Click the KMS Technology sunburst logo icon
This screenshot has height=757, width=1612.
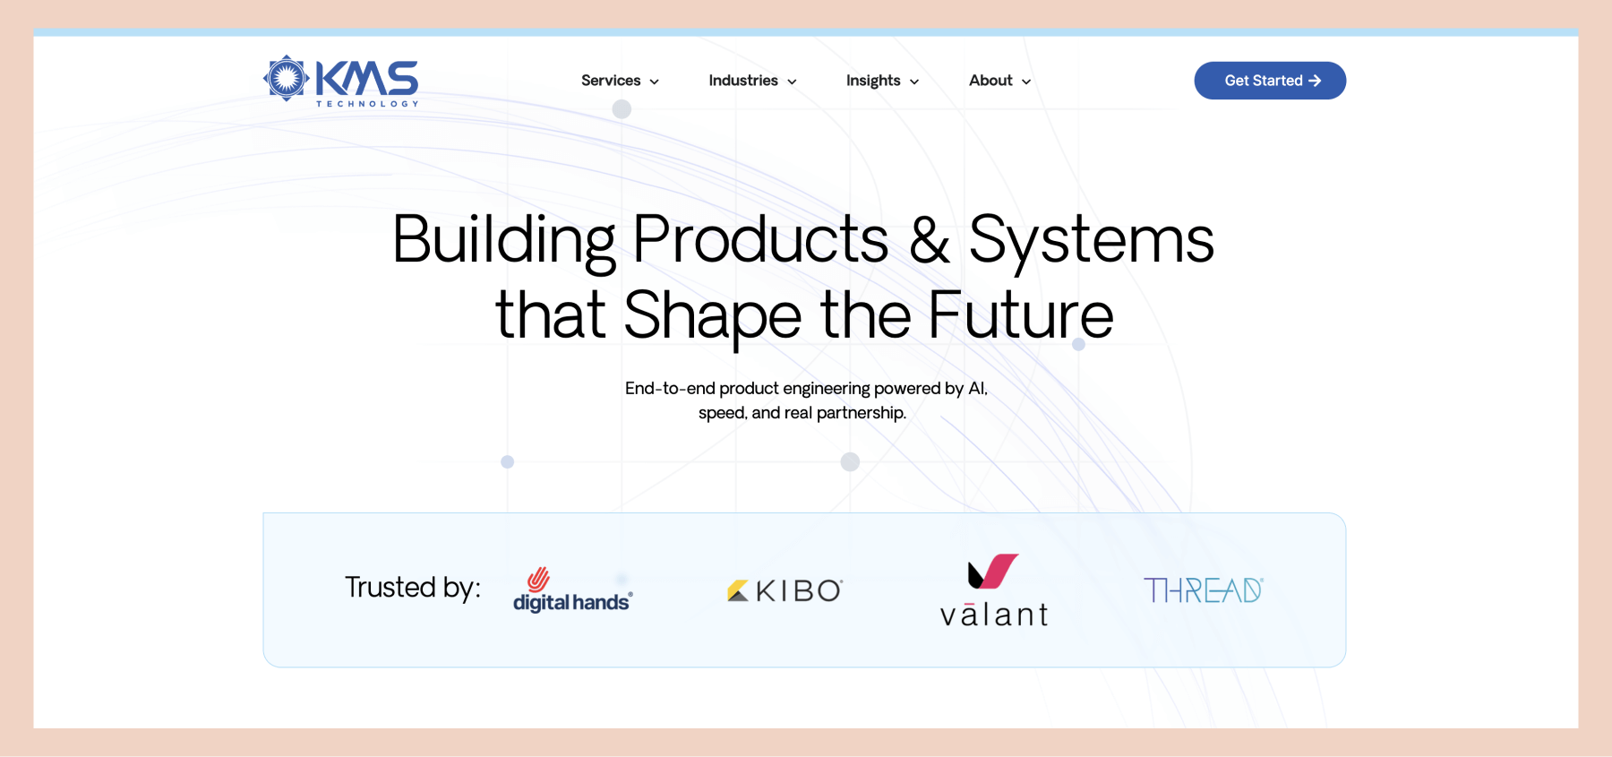click(x=287, y=78)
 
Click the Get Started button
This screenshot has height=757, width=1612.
click(x=1270, y=81)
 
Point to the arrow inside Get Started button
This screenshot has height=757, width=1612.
click(x=1315, y=81)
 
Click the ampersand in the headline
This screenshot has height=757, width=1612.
click(x=930, y=240)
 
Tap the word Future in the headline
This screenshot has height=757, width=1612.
click(x=1020, y=315)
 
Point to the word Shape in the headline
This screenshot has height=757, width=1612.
click(x=713, y=318)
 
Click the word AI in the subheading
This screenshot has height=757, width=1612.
click(x=978, y=389)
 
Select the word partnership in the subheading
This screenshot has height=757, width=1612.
click(x=862, y=413)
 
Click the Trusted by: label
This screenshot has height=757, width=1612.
click(x=413, y=588)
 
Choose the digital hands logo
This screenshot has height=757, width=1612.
click(x=573, y=589)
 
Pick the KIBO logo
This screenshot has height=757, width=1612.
click(x=785, y=590)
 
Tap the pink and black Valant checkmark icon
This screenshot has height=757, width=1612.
click(x=993, y=572)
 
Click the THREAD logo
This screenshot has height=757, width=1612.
click(x=1204, y=590)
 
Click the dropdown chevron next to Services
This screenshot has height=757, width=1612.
click(x=654, y=82)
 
